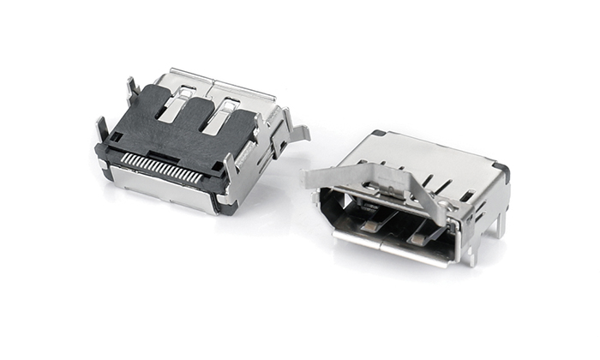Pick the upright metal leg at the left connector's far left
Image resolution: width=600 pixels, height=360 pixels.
(x=102, y=129)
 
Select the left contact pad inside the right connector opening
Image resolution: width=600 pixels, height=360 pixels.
(x=371, y=225)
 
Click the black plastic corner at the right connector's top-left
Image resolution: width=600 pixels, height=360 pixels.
(x=377, y=134)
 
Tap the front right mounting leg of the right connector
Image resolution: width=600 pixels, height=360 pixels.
(x=469, y=249)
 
